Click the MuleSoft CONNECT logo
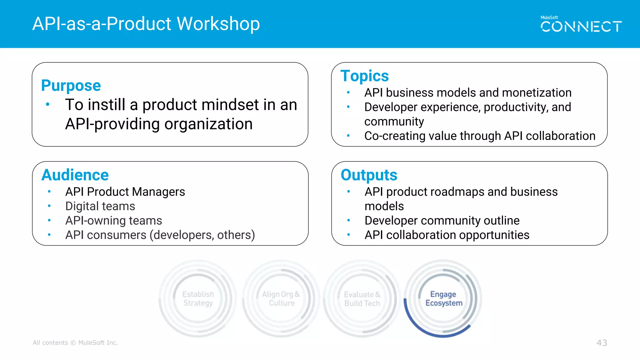[x=581, y=25]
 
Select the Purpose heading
[x=71, y=86]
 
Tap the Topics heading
[x=364, y=76]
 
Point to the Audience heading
[x=75, y=175]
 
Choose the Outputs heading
[x=369, y=175]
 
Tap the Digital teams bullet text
[x=100, y=206]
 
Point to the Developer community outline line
[x=442, y=221]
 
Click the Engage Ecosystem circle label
[x=443, y=299]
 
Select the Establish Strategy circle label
[x=198, y=299]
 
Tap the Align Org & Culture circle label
[x=281, y=299]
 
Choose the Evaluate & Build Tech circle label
[x=362, y=299]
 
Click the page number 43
[x=602, y=343]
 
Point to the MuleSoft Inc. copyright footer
[x=75, y=343]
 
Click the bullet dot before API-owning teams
[x=49, y=220]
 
